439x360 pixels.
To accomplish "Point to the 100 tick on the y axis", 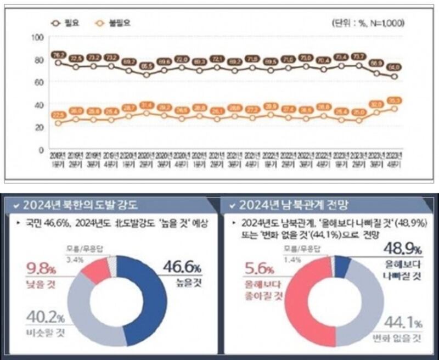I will [x=38, y=37].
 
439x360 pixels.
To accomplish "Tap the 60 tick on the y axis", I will [x=38, y=82].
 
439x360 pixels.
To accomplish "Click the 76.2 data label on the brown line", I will [x=58, y=55].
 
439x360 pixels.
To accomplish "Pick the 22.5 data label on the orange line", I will [x=58, y=114].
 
